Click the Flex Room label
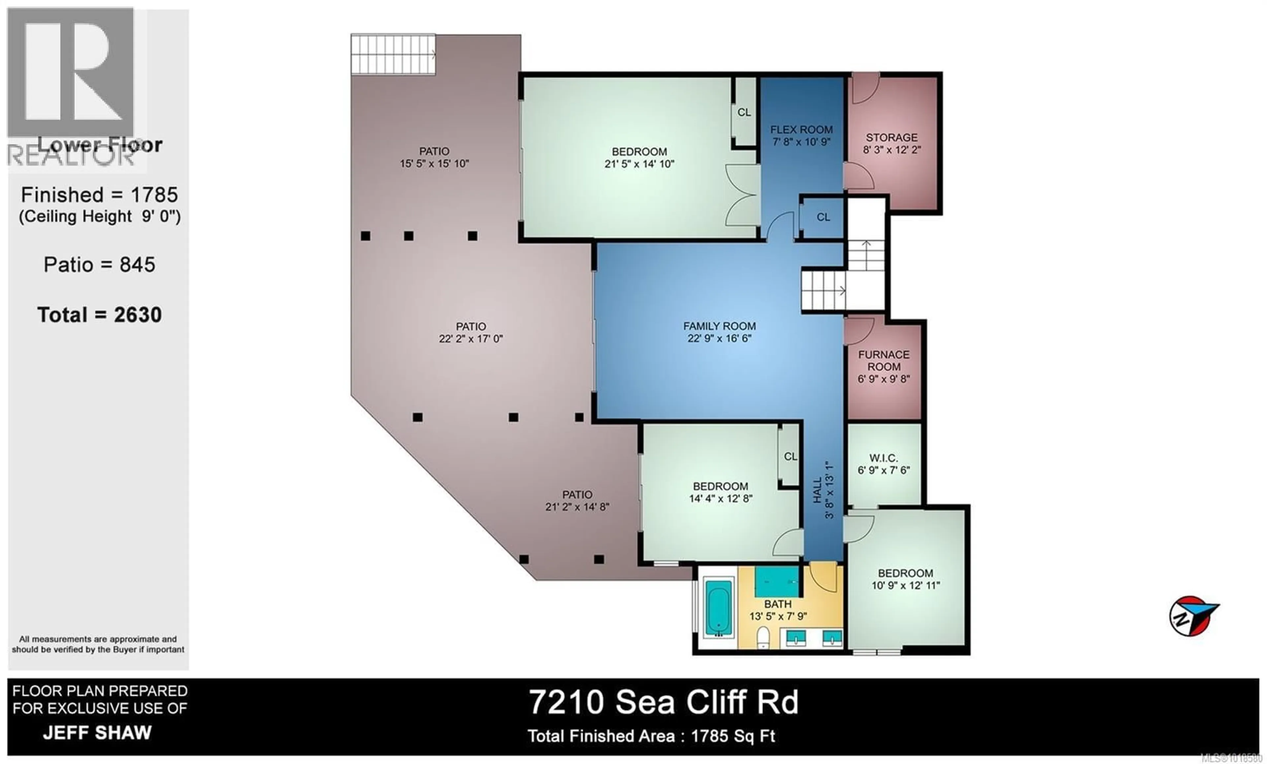801,130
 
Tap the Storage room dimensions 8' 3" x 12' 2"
892,150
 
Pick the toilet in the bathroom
763,638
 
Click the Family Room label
719,326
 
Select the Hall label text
817,490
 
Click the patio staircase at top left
393,54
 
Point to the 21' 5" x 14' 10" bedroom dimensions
639,164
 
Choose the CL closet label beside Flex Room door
823,217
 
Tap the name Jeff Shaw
97,733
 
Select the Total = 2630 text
99,315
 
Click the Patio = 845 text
99,265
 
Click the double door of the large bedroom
742,195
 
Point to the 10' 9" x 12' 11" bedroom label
905,579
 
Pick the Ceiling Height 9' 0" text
100,216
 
